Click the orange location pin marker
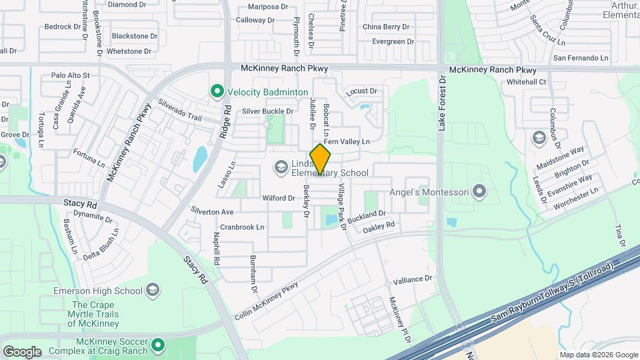pyautogui.click(x=321, y=159)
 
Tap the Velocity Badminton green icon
pyautogui.click(x=216, y=92)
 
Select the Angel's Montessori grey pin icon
pyautogui.click(x=479, y=193)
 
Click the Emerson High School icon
pyautogui.click(x=153, y=290)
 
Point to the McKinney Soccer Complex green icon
pyautogui.click(x=158, y=345)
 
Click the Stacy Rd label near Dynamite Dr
pyautogui.click(x=81, y=205)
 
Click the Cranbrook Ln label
pyautogui.click(x=242, y=227)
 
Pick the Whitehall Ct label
pyautogui.click(x=526, y=82)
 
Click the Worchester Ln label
pyautogui.click(x=572, y=197)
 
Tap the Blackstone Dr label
pyautogui.click(x=135, y=35)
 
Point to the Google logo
pyautogui.click(x=22, y=351)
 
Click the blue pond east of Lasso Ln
pyautogui.click(x=199, y=160)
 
